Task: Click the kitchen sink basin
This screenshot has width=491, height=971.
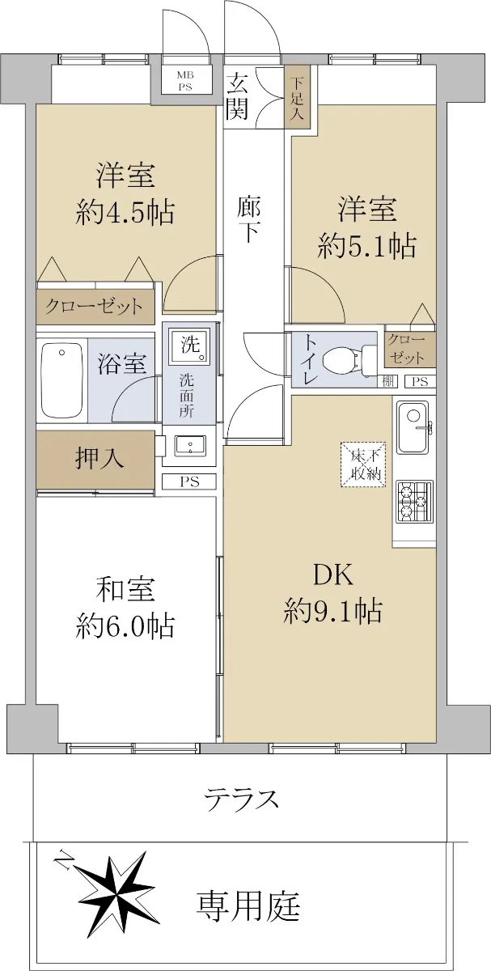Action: (x=413, y=427)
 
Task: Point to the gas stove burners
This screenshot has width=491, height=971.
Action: (x=414, y=502)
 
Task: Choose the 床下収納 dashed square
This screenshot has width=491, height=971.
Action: (x=363, y=464)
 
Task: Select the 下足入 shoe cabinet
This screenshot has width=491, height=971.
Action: (x=298, y=96)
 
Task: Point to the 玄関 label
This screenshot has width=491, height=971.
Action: (x=237, y=95)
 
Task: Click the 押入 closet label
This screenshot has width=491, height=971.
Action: (x=99, y=458)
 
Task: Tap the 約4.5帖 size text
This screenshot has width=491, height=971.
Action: (x=125, y=212)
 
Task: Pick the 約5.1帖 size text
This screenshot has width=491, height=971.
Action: (x=367, y=246)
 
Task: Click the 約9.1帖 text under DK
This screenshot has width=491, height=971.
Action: (x=332, y=611)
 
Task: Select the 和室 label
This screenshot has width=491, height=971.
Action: (x=125, y=589)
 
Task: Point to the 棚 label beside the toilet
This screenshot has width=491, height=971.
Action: (x=388, y=381)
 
